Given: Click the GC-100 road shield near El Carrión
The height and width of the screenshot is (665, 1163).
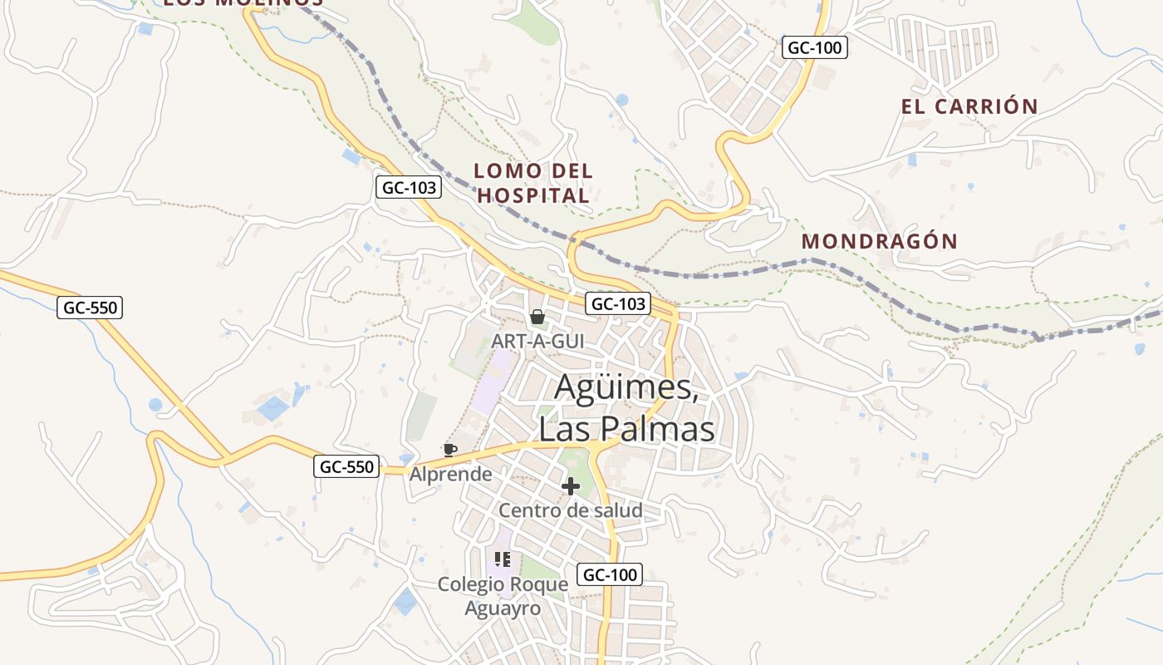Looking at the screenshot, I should pyautogui.click(x=814, y=48).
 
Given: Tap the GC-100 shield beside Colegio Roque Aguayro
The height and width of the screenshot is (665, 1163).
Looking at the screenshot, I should pyautogui.click(x=610, y=574).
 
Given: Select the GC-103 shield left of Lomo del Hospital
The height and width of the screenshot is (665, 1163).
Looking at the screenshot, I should pyautogui.click(x=408, y=188).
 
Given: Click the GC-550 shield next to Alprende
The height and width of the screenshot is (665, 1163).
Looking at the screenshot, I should pyautogui.click(x=347, y=466).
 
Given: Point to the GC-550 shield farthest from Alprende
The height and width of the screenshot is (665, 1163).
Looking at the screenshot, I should pyautogui.click(x=91, y=308).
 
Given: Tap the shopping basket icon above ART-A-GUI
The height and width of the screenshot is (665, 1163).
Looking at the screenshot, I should pyautogui.click(x=537, y=317).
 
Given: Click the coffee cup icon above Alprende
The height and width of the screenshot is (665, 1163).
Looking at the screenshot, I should pyautogui.click(x=449, y=450).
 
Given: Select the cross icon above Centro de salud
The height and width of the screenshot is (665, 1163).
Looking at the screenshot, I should pyautogui.click(x=571, y=486).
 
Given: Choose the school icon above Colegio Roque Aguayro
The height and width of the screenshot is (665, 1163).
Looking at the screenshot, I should pyautogui.click(x=502, y=559).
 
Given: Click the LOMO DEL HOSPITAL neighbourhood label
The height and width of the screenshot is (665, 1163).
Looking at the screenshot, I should pyautogui.click(x=533, y=184).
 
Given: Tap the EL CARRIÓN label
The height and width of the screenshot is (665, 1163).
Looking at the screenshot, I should pyautogui.click(x=969, y=106).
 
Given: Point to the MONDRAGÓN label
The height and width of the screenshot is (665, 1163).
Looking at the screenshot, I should pyautogui.click(x=879, y=242).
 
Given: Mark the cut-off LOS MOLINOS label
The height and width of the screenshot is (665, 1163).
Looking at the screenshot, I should pyautogui.click(x=243, y=3).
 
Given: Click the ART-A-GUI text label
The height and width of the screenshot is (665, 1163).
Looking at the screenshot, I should pyautogui.click(x=537, y=341).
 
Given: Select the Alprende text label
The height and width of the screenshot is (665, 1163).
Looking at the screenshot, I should pyautogui.click(x=450, y=474).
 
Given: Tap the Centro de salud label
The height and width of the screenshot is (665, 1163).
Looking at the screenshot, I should pyautogui.click(x=571, y=510).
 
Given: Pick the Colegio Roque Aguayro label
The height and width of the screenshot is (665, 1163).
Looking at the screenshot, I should pyautogui.click(x=503, y=596).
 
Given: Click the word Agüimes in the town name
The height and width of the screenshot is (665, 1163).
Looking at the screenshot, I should pyautogui.click(x=625, y=387).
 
